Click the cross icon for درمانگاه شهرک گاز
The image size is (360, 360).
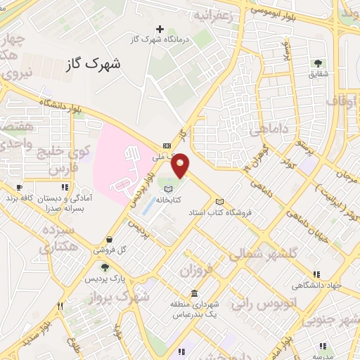160,30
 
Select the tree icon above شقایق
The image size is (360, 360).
320,63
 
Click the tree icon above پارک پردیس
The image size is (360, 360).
105,267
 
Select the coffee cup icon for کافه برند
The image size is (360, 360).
19,188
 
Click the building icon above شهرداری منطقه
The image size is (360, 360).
194,292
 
